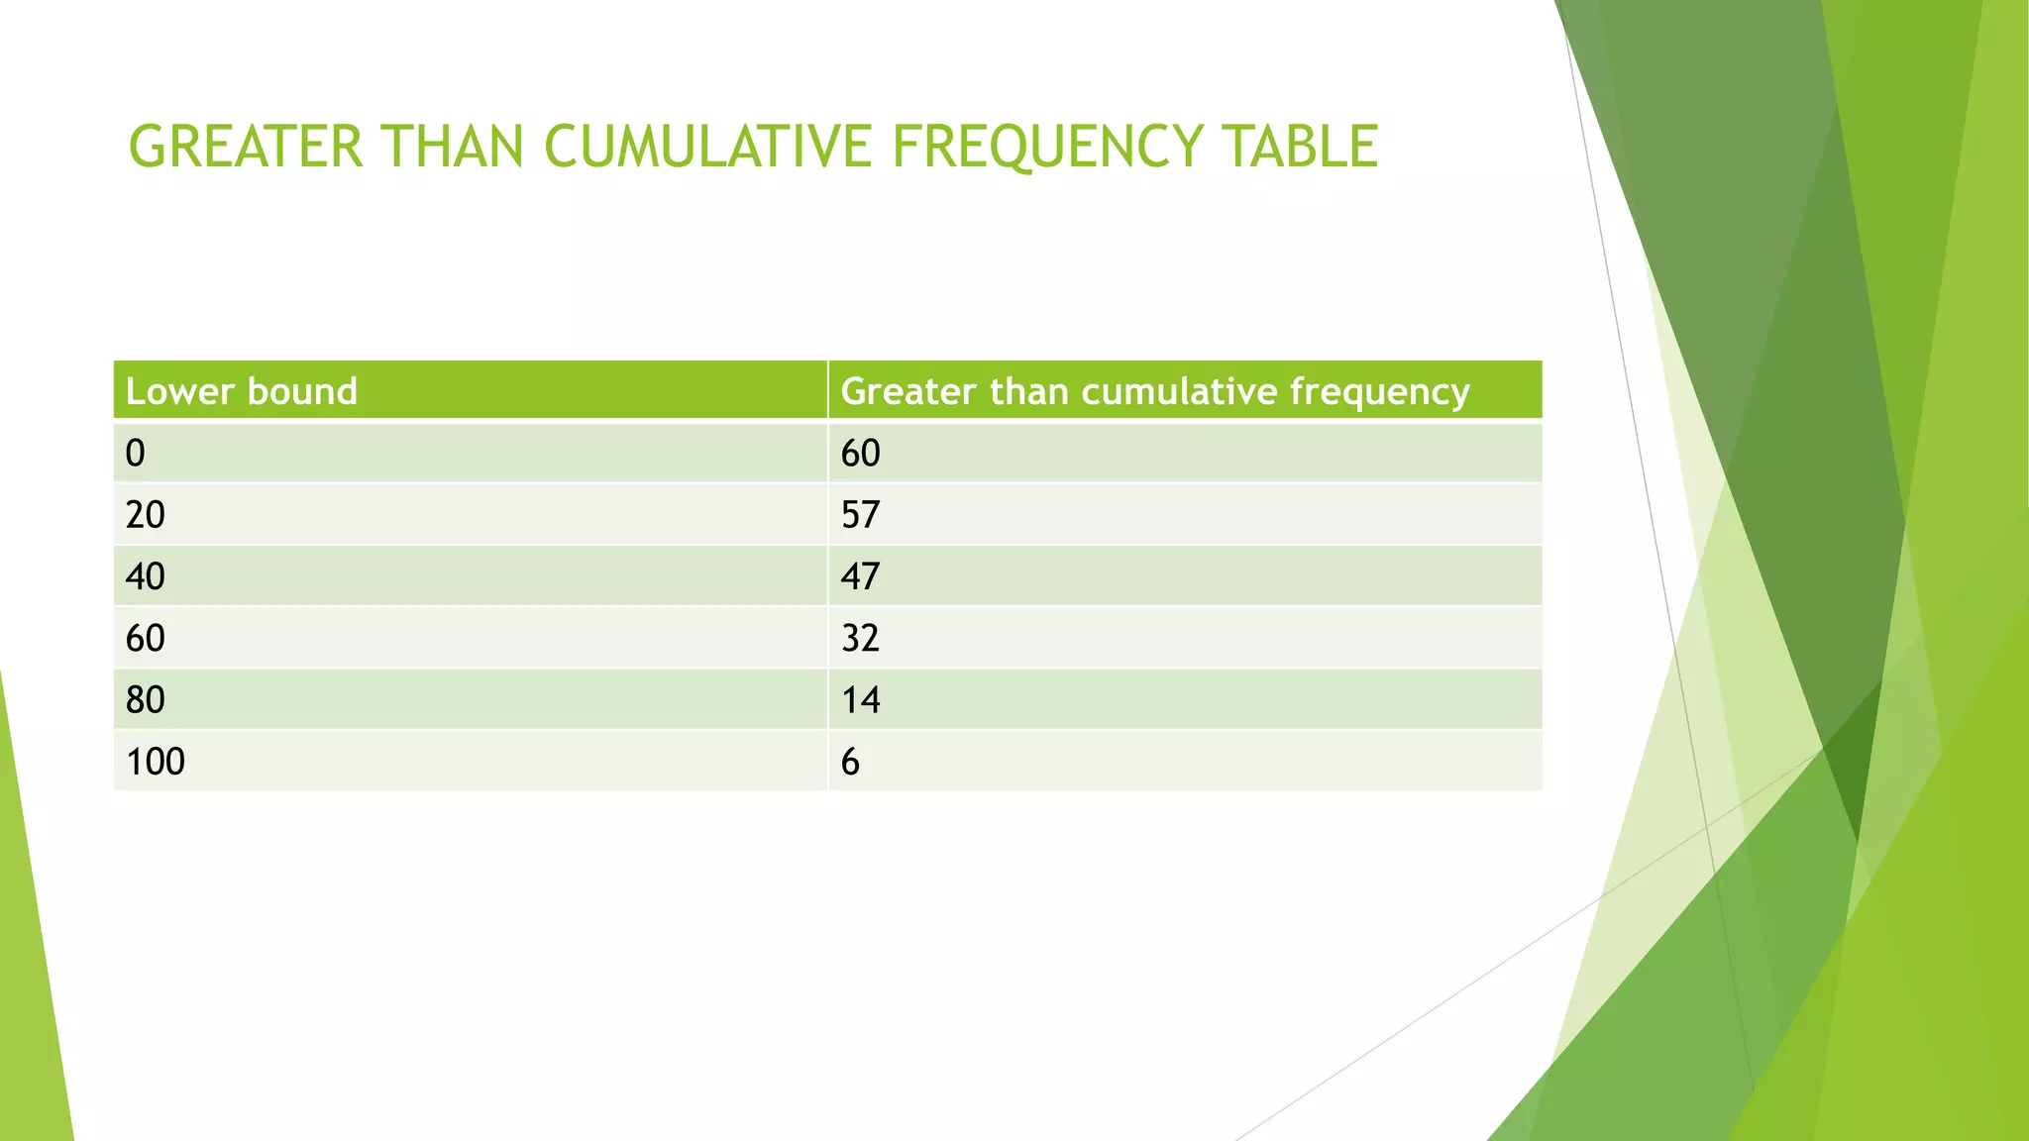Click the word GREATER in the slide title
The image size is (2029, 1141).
(x=246, y=147)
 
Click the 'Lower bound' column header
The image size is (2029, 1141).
(x=241, y=391)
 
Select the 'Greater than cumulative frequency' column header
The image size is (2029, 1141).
(x=1155, y=391)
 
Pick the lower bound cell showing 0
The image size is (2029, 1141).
(x=136, y=454)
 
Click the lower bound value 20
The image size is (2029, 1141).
(x=146, y=515)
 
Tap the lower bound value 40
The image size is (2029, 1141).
(x=146, y=576)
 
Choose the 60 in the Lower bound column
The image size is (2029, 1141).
(x=146, y=638)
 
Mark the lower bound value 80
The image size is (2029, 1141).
(x=146, y=700)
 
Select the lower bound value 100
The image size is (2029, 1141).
(x=156, y=762)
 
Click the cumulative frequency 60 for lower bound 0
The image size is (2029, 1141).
(x=860, y=454)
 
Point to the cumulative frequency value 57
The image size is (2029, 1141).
(x=860, y=515)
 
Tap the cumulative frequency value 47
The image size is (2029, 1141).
(x=860, y=576)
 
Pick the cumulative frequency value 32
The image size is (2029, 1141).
(x=860, y=638)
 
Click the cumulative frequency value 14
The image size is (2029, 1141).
(x=860, y=700)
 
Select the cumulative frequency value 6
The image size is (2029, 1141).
(x=850, y=762)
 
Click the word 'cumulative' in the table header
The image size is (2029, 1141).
(x=1179, y=391)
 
